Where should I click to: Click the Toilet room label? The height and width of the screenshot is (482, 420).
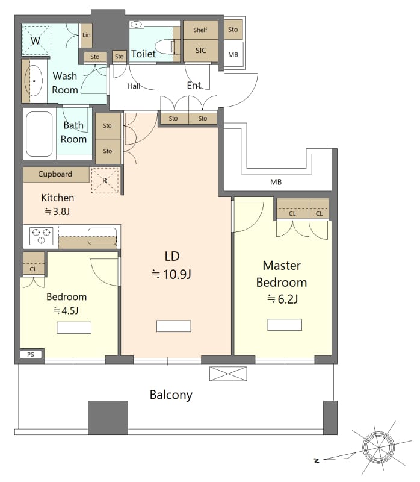143,54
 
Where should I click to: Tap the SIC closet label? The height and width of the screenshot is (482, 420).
200,51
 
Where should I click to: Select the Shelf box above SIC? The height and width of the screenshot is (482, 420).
200,30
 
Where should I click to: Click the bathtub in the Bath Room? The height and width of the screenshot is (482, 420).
40,134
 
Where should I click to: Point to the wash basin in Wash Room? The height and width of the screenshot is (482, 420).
34,80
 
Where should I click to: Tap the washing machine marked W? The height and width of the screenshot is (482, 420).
36,40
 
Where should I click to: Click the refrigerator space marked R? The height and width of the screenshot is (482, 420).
105,180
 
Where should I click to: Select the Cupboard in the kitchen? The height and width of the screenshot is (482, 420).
55,174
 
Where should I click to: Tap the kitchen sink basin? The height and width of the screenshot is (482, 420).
102,236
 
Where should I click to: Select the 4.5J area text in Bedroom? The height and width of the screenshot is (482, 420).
66,311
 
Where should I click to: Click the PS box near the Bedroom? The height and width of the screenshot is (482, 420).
31,355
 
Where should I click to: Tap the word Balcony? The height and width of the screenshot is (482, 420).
171,395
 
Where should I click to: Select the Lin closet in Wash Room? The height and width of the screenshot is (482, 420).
87,36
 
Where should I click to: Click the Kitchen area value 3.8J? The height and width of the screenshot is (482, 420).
58,211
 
